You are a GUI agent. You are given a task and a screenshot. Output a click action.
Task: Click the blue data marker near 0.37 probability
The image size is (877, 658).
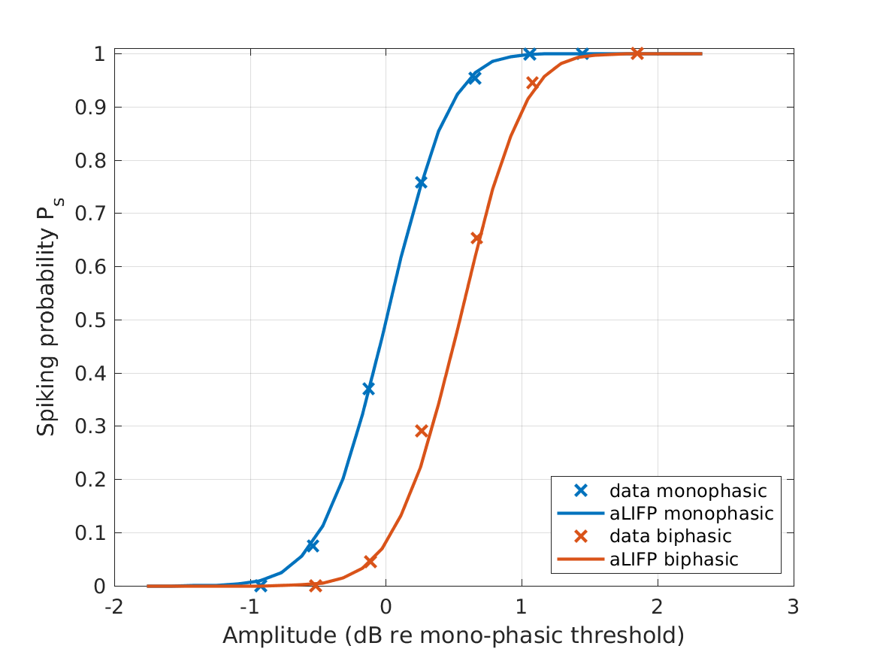tap(368, 389)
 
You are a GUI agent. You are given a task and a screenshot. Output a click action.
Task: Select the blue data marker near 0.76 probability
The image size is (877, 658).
tap(421, 183)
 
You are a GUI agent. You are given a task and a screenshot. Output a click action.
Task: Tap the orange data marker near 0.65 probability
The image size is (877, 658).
tap(476, 238)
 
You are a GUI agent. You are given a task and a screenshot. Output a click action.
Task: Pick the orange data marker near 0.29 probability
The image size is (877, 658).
tap(422, 431)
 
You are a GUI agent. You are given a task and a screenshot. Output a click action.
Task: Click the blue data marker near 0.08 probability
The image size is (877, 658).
tap(312, 545)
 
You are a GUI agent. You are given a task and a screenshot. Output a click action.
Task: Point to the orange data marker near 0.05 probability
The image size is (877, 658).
tap(370, 561)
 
